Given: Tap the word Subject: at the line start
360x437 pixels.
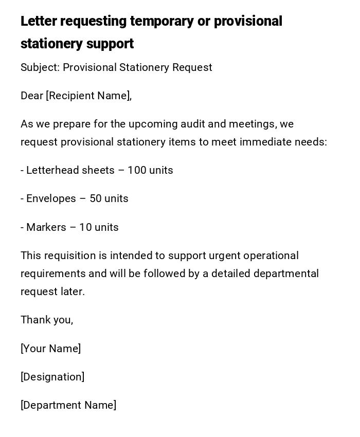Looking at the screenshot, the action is (x=40, y=67).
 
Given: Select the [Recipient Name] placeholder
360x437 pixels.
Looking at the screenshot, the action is (x=88, y=96).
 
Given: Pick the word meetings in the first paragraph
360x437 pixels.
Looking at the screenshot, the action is (x=251, y=124).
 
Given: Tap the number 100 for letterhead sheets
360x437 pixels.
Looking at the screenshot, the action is (x=137, y=170).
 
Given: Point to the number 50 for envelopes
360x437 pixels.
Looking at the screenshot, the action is (x=96, y=198).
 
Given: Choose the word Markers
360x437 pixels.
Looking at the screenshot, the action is (x=46, y=227).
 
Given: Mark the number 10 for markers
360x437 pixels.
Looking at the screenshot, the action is (x=85, y=227).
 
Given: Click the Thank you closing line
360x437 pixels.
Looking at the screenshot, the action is (x=47, y=320).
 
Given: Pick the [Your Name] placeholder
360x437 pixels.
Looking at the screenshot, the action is (x=50, y=349).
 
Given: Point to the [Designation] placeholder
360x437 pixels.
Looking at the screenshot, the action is (x=52, y=377).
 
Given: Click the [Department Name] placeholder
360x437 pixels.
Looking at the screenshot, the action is (x=68, y=405).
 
